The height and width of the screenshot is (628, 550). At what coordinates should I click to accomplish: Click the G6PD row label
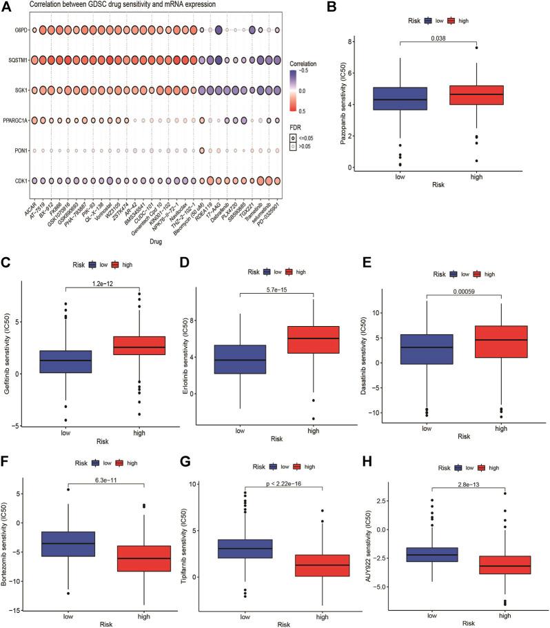tap(14, 30)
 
